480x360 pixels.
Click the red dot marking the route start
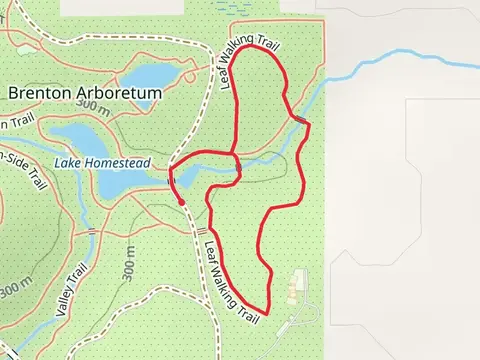pyautogui.click(x=181, y=203)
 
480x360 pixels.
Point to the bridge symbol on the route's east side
pyautogui.click(x=300, y=121)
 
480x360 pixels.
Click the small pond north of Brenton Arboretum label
pyautogui.click(x=150, y=77)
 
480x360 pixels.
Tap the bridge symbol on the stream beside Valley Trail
pyautogui.click(x=93, y=232)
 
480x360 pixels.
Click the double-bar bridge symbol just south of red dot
pyautogui.click(x=200, y=231)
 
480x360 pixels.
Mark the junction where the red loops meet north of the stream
pyautogui.click(x=234, y=155)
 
